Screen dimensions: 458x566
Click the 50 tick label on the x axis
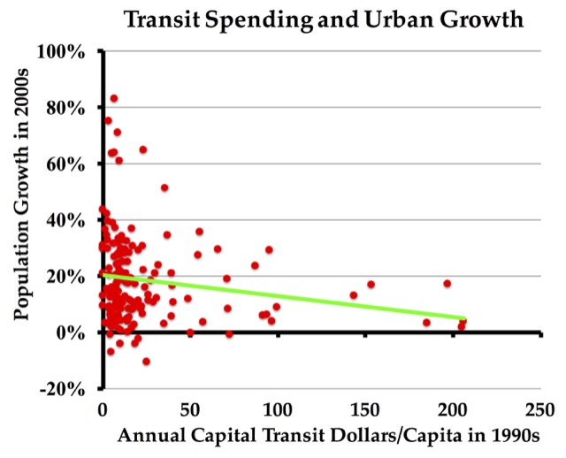click(188, 409)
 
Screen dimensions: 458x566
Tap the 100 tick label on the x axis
click(276, 409)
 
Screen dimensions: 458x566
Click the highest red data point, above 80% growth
click(114, 98)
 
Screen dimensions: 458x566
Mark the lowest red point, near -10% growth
click(146, 361)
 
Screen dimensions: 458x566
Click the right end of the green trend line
click(465, 317)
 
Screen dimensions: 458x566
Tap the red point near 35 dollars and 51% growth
click(164, 187)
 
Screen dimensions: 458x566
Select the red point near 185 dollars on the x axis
click(426, 323)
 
